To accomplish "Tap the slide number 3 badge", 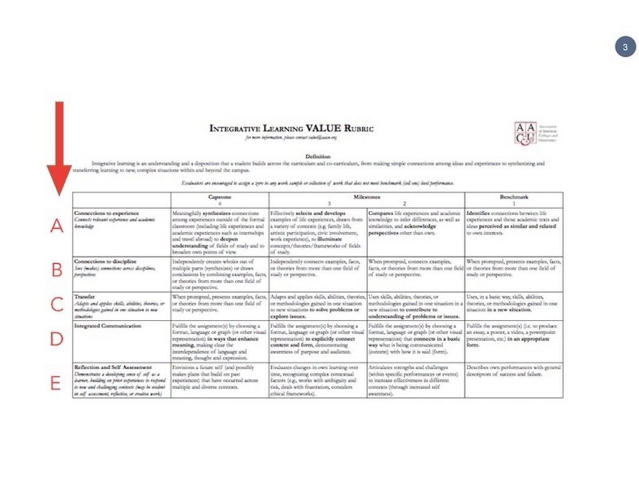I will (x=624, y=47).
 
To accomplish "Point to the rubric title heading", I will (x=291, y=128).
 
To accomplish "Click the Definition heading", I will (x=318, y=156).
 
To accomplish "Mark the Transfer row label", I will (x=84, y=297).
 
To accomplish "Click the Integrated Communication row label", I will (x=107, y=326).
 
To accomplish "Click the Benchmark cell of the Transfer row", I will (x=513, y=306).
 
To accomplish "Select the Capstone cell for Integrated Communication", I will (x=220, y=341).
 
